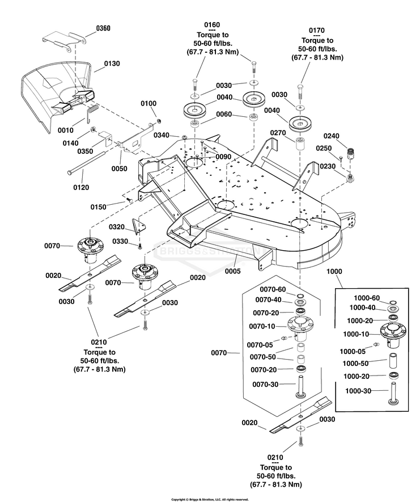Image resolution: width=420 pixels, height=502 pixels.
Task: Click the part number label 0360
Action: [104, 28]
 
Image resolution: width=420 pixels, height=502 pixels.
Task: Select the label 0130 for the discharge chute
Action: [112, 64]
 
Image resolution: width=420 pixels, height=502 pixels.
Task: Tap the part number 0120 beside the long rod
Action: [82, 187]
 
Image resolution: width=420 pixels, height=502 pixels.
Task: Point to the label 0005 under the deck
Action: [232, 271]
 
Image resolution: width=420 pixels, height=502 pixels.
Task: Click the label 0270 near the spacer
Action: [278, 132]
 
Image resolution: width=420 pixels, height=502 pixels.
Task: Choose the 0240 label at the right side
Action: [331, 136]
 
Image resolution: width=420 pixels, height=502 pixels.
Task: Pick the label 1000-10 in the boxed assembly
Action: [356, 334]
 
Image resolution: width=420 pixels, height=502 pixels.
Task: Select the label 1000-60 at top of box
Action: [367, 298]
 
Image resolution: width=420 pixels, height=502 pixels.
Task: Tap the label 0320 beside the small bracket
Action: [117, 226]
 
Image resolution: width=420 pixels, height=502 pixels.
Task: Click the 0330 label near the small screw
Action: [120, 242]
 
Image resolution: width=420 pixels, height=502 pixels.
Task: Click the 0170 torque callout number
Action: [317, 29]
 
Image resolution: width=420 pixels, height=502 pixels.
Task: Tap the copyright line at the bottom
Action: [210, 499]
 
